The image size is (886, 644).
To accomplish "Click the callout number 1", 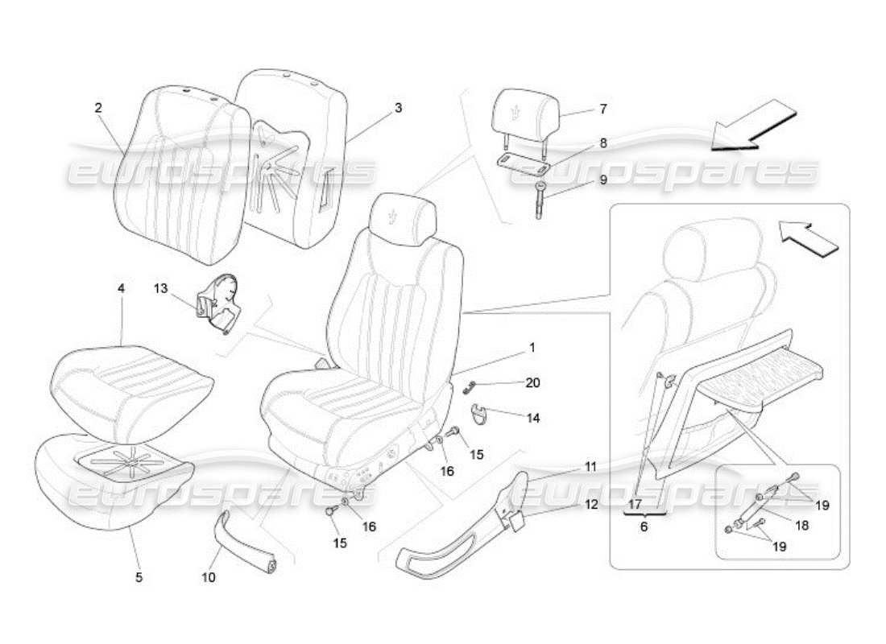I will [x=532, y=348].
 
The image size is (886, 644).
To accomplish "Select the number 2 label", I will [x=98, y=107].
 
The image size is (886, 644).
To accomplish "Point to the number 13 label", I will [x=161, y=287].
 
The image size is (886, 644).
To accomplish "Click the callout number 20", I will [x=532, y=383].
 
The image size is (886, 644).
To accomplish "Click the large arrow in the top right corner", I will [x=754, y=126].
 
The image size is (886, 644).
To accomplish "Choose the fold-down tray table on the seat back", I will [x=761, y=388].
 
